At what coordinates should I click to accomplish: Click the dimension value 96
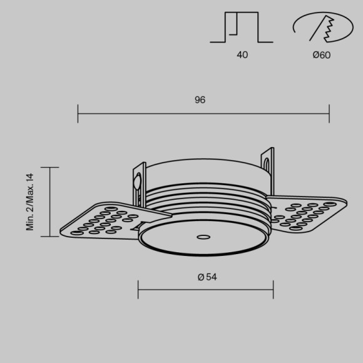(x=200, y=100)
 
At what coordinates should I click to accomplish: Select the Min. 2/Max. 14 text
(x=29, y=202)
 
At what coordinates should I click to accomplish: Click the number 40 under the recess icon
(x=242, y=55)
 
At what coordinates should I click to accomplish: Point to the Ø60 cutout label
(x=322, y=55)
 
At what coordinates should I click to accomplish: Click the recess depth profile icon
(x=242, y=28)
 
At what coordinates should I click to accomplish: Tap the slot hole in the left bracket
(x=136, y=182)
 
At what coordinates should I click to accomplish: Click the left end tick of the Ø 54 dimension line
(x=138, y=290)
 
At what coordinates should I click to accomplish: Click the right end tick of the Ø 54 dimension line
(x=273, y=290)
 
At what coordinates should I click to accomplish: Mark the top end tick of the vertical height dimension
(x=49, y=167)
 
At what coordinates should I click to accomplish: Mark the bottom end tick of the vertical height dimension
(x=49, y=237)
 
